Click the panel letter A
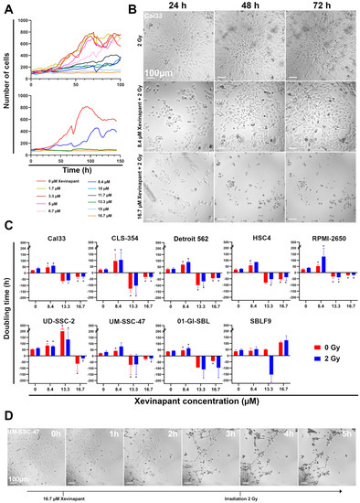coord(8,7)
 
